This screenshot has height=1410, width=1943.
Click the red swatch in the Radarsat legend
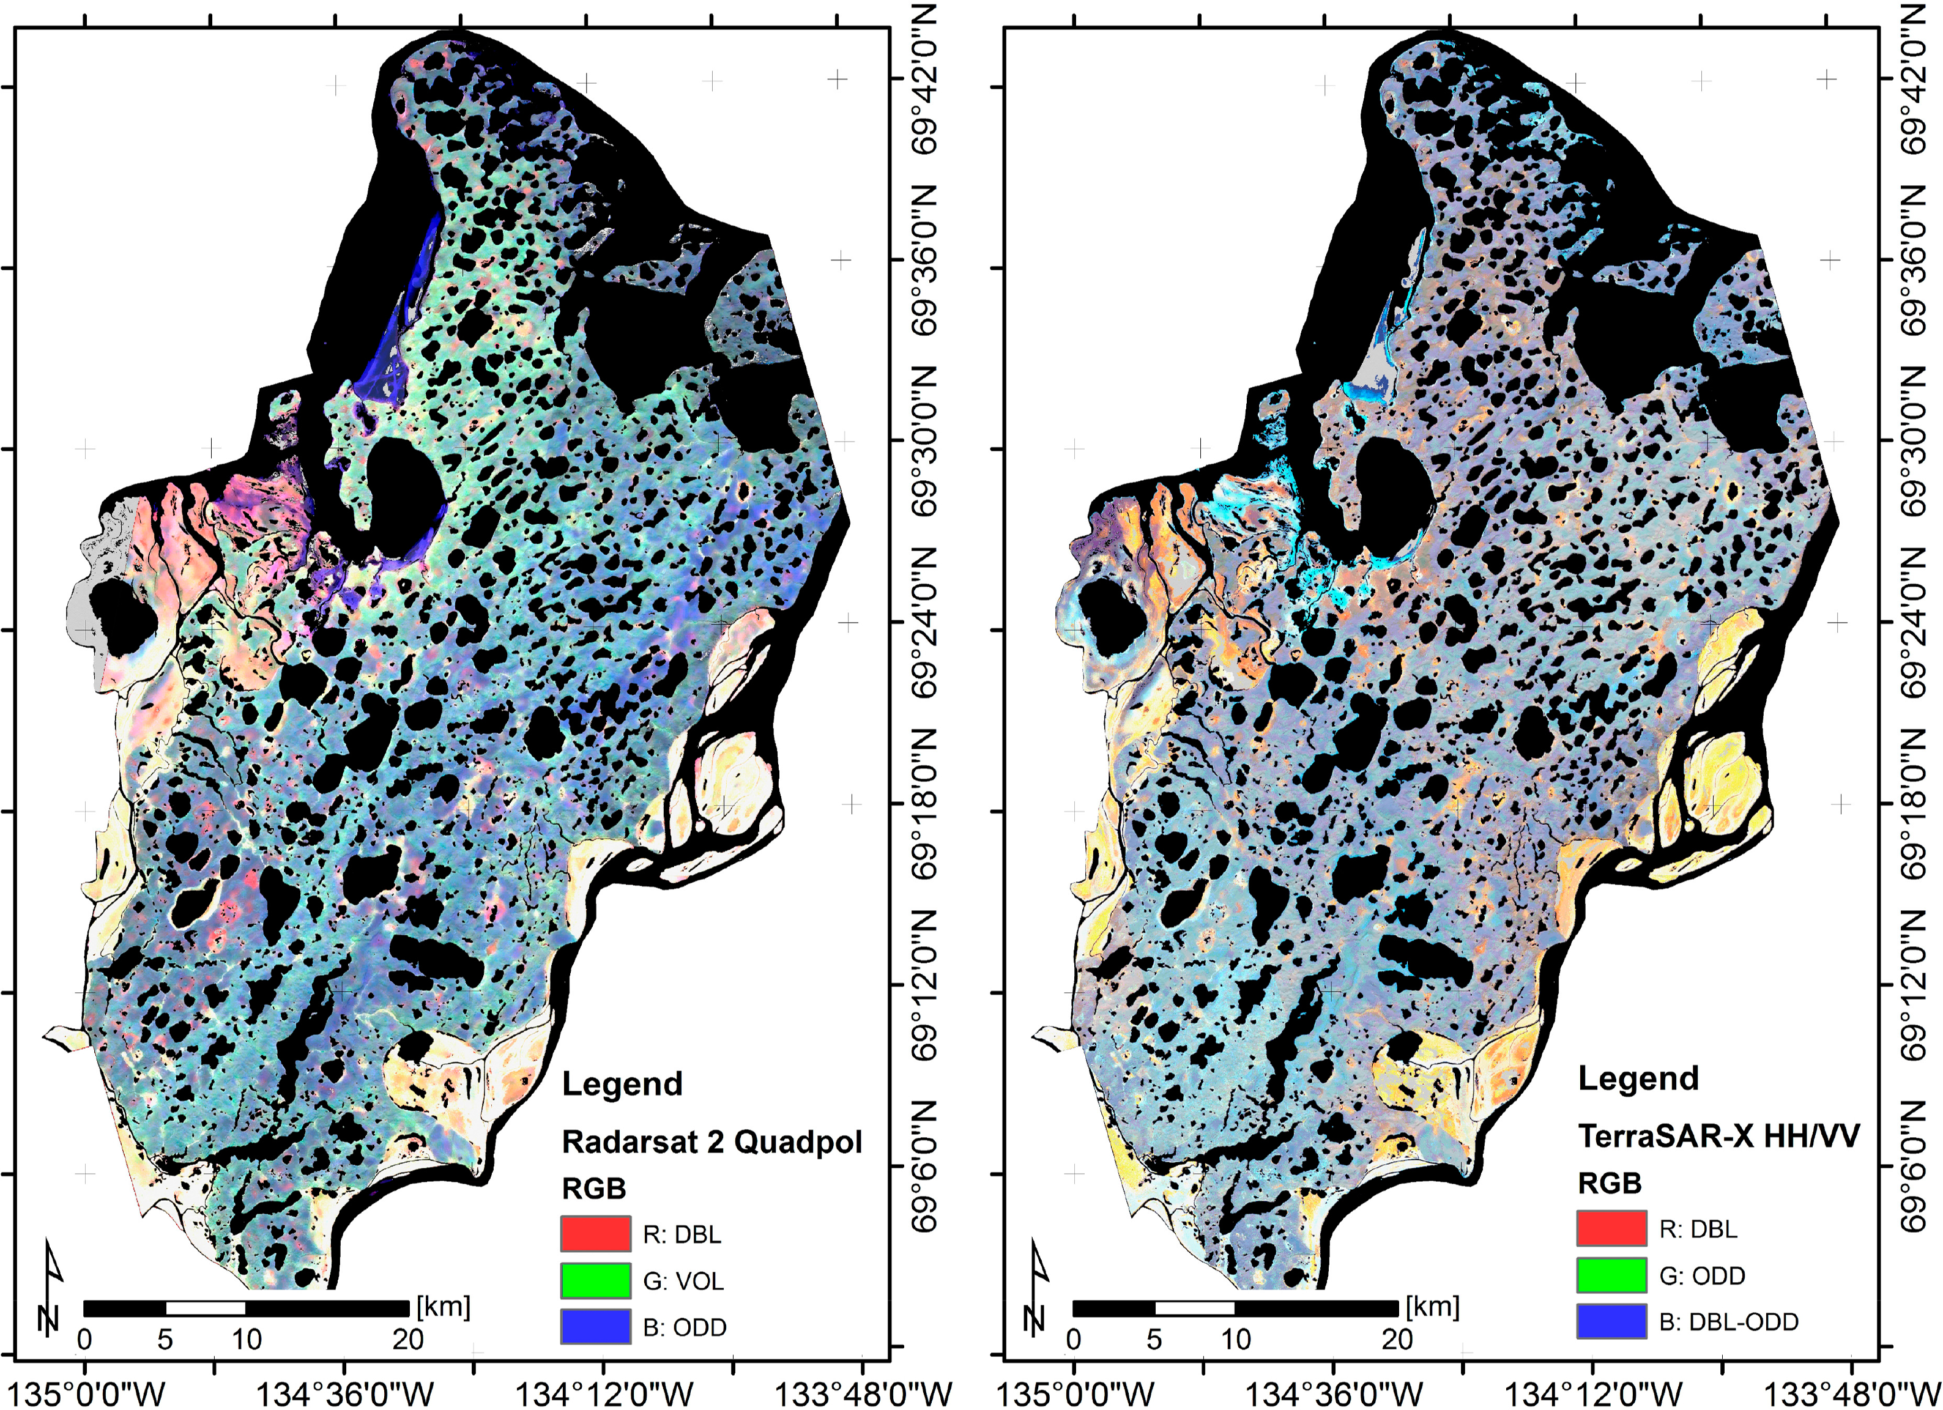(595, 1234)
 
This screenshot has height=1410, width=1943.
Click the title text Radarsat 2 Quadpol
(711, 1142)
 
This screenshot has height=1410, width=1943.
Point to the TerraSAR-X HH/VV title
(1718, 1136)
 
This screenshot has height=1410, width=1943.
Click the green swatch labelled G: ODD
(1611, 1275)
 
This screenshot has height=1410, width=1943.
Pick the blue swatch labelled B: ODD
(595, 1326)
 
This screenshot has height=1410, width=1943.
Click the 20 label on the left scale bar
(408, 1339)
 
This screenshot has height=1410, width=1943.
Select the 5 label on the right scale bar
(1153, 1339)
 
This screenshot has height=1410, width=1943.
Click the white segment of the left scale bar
(206, 1308)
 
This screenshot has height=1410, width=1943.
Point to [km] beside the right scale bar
(1432, 1307)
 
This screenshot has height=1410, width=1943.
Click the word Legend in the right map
(1638, 1078)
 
